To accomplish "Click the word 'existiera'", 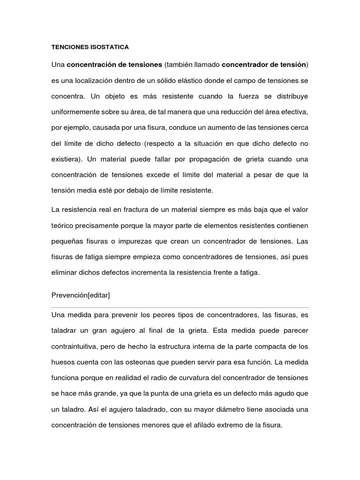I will click(66, 159).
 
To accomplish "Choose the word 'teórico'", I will click(63, 226).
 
